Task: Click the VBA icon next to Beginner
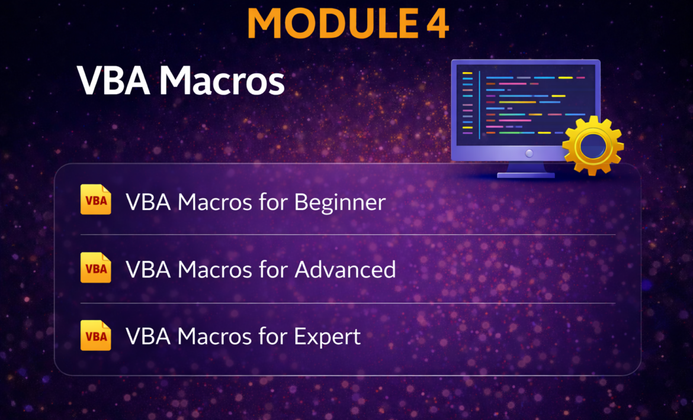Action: pos(96,199)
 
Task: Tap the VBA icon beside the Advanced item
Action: pos(96,267)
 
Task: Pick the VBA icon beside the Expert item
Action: pos(96,335)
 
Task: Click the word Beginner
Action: pos(340,203)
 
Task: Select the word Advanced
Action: pos(345,270)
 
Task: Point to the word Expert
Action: pos(328,337)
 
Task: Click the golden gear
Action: pos(593,146)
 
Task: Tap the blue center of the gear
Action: pos(593,146)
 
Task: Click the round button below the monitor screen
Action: pos(529,154)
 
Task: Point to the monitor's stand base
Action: pos(526,175)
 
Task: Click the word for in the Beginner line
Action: pos(274,202)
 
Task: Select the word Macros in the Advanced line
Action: pos(215,270)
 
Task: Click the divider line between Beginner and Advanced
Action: pos(348,235)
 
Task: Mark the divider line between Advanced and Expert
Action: pos(348,303)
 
